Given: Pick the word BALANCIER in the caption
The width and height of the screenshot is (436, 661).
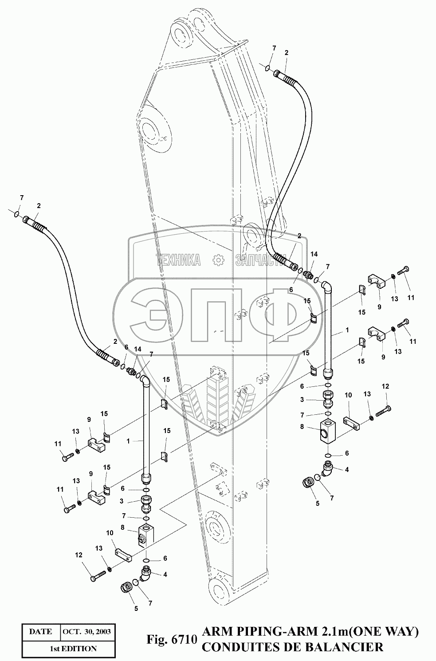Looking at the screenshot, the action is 351,647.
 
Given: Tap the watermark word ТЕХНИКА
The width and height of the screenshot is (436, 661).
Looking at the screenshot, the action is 179,261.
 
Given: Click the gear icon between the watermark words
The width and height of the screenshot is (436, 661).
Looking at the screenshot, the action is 218,261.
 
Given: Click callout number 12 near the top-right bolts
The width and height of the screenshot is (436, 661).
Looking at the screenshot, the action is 385,387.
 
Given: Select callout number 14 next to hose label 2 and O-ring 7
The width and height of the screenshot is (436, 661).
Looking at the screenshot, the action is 314,254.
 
